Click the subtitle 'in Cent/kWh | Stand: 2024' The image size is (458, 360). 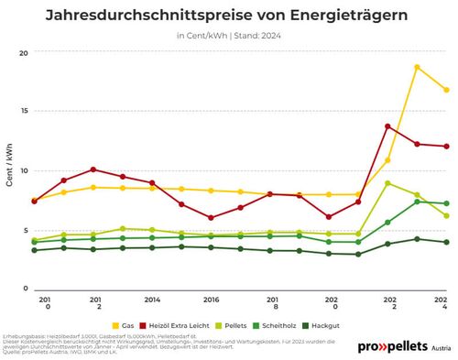click(228, 37)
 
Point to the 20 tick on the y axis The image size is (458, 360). click(24, 53)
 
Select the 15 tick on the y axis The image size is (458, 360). click(24, 112)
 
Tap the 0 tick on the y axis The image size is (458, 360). click(27, 289)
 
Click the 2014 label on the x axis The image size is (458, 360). click(152, 300)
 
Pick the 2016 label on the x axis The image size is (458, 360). click(211, 300)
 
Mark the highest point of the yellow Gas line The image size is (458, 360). click(417, 67)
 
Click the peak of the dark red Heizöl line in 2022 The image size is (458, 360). click(387, 126)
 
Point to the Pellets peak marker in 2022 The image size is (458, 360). click(387, 183)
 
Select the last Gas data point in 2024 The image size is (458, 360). click(446, 90)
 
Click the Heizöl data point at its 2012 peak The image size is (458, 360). click(93, 169)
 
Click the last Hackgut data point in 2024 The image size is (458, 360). click(446, 242)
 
